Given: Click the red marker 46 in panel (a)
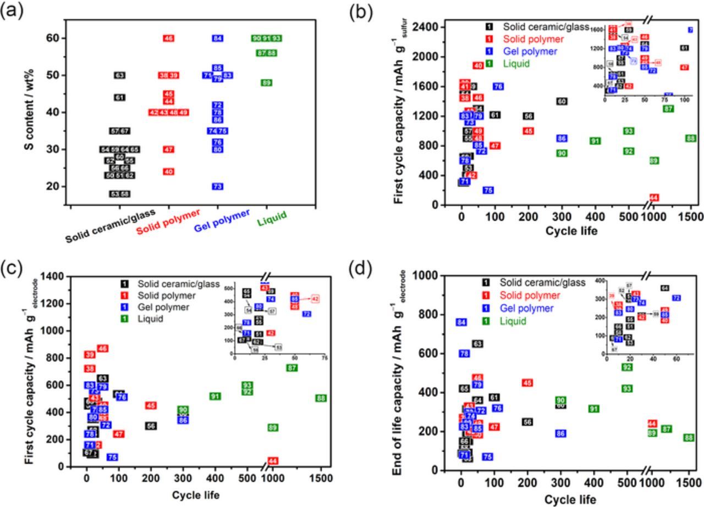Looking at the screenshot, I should [x=168, y=38].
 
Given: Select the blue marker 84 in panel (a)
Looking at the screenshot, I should [x=218, y=38].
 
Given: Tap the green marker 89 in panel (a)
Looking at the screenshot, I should [x=267, y=83].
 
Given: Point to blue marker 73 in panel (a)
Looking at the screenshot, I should [x=218, y=187].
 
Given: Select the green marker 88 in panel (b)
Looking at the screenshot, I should [x=691, y=138].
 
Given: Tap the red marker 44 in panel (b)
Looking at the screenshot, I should [x=654, y=198].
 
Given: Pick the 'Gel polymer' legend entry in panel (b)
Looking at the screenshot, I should [x=528, y=52].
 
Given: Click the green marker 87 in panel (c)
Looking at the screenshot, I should [x=291, y=367].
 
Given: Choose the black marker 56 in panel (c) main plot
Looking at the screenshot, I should [x=151, y=426].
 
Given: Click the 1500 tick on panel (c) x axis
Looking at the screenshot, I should [x=321, y=478].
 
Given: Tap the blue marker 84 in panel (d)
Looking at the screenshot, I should [x=461, y=322].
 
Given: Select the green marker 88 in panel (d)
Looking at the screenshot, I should [x=688, y=438].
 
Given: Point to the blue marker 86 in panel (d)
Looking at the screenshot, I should [x=561, y=433].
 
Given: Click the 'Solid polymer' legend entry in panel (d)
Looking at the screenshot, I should [x=530, y=296].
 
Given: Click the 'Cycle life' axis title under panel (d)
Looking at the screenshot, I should [x=570, y=499].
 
